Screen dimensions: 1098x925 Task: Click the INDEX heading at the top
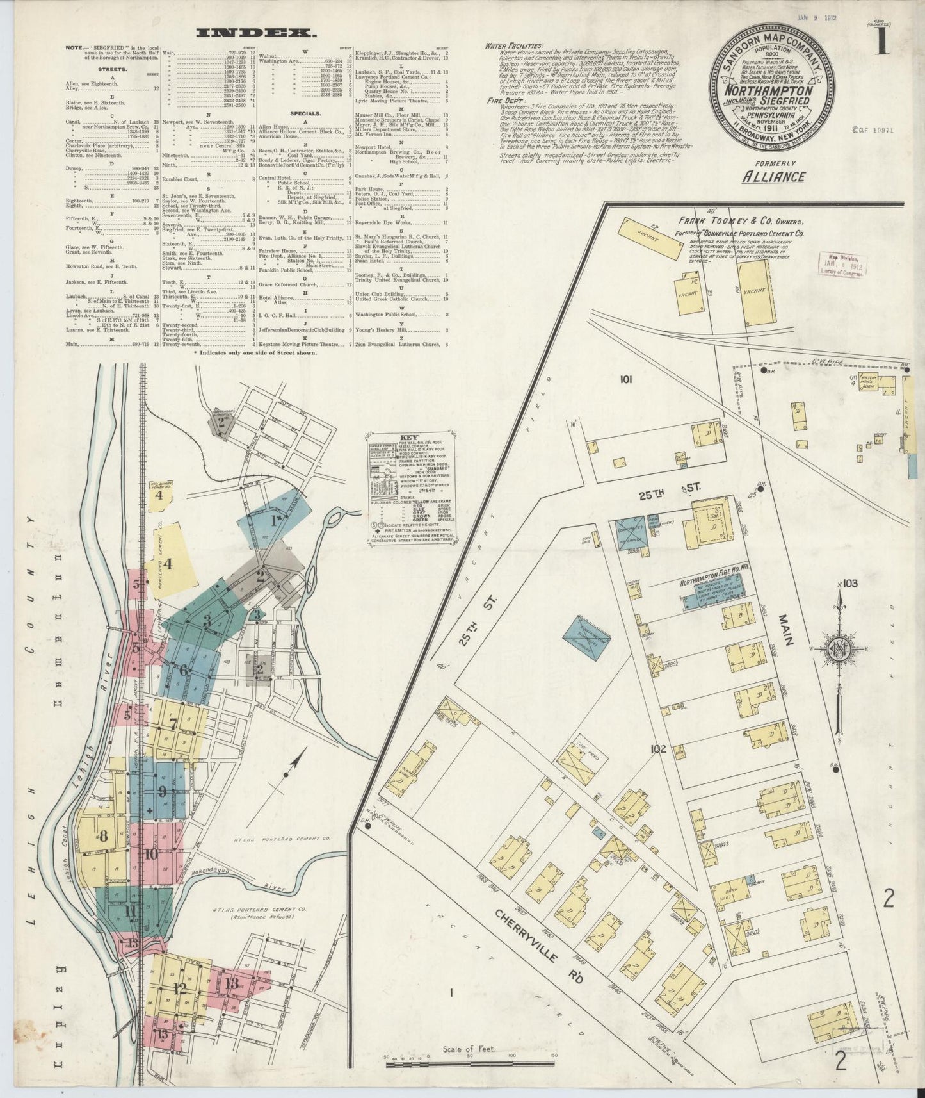pyautogui.click(x=255, y=32)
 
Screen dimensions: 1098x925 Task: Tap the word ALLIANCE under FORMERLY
pyautogui.click(x=773, y=177)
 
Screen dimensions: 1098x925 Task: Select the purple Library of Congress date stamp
pyautogui.click(x=841, y=263)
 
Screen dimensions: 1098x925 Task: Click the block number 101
pyautogui.click(x=625, y=379)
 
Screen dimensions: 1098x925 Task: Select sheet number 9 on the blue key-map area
pyautogui.click(x=162, y=791)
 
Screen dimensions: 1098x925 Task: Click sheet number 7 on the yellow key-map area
pyautogui.click(x=173, y=725)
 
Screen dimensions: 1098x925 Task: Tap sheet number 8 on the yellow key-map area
pyautogui.click(x=102, y=836)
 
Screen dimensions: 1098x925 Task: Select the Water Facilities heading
pyautogui.click(x=513, y=45)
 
